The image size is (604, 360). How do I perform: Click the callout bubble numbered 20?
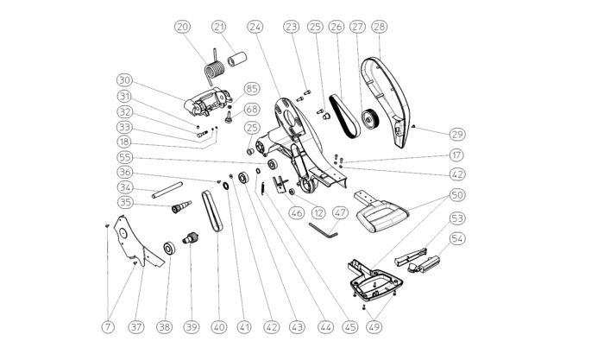pyautogui.click(x=183, y=27)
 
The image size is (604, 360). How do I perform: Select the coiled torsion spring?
pyautogui.click(x=214, y=68)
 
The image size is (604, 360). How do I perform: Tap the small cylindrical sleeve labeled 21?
pyautogui.click(x=237, y=59)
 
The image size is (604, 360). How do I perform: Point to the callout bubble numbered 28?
pyautogui.click(x=380, y=27)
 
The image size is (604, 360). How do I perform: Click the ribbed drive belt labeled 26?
pyautogui.click(x=345, y=116)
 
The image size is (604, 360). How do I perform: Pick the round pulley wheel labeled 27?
pyautogui.click(x=370, y=119)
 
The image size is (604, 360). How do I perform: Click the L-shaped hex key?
pyautogui.click(x=323, y=230)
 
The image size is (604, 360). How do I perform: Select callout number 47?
pyautogui.click(x=340, y=212)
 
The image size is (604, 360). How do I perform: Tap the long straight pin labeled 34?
pyautogui.click(x=167, y=190)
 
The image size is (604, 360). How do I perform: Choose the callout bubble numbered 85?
pyautogui.click(x=252, y=89)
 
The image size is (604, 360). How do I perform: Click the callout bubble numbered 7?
pyautogui.click(x=108, y=327)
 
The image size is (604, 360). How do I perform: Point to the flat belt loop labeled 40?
pyautogui.click(x=212, y=211)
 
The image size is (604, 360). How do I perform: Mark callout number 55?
pyautogui.click(x=125, y=157)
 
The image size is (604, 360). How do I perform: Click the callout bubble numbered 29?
pyautogui.click(x=457, y=135)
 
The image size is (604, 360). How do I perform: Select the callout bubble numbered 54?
pyautogui.click(x=457, y=238)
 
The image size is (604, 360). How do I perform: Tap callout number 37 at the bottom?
pyautogui.click(x=136, y=327)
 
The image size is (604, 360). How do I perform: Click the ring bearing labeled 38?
pyautogui.click(x=169, y=249)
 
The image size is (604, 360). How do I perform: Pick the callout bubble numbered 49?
pyautogui.click(x=374, y=327)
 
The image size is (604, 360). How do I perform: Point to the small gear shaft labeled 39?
pyautogui.click(x=191, y=238)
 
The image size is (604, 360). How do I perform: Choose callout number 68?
pyautogui.click(x=252, y=109)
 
